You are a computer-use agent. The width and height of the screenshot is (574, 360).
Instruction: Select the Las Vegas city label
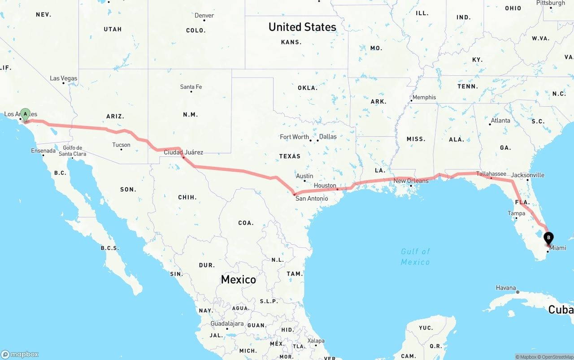point(64,78)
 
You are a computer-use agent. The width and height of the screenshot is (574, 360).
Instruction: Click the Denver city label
point(204,16)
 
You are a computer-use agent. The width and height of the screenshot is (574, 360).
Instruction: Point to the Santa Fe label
point(191,87)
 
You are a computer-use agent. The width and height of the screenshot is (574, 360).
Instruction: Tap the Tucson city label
point(121,145)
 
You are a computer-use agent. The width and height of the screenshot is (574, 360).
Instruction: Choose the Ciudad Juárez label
point(183,152)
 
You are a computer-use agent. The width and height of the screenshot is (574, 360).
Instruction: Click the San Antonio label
point(312,198)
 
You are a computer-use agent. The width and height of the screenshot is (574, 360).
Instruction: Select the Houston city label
point(325,186)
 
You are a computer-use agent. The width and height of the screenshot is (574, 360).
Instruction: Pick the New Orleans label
point(411,181)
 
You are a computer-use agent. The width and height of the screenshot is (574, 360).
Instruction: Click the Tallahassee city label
point(491,174)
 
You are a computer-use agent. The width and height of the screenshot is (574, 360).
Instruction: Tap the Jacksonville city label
point(528,175)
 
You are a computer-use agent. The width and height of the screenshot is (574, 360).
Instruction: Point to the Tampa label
point(516,213)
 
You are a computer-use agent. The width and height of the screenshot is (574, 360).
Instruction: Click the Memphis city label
point(424,97)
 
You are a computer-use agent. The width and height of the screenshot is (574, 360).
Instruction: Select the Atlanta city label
point(500,121)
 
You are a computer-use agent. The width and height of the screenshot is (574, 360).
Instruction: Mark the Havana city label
point(506,288)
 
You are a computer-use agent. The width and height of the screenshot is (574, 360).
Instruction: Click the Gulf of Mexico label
point(415,256)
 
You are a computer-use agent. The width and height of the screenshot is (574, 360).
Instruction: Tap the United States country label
point(302,27)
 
